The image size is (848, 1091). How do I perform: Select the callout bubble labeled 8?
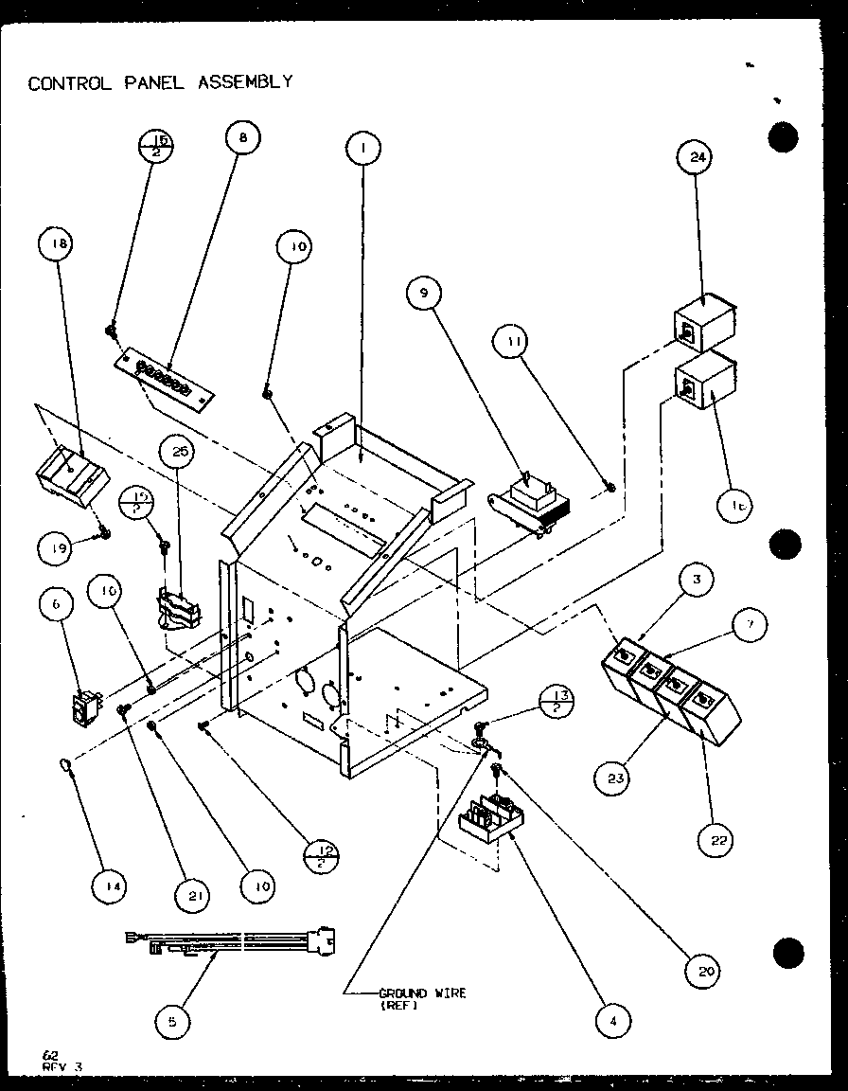point(241,137)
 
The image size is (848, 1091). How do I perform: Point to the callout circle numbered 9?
point(425,294)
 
